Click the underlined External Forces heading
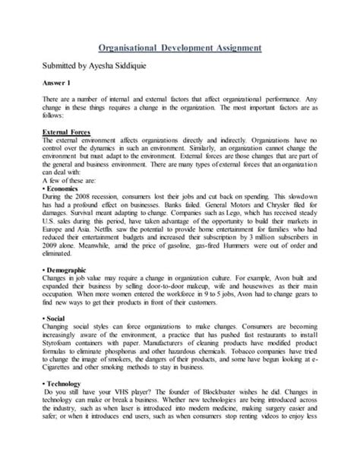point(67,131)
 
